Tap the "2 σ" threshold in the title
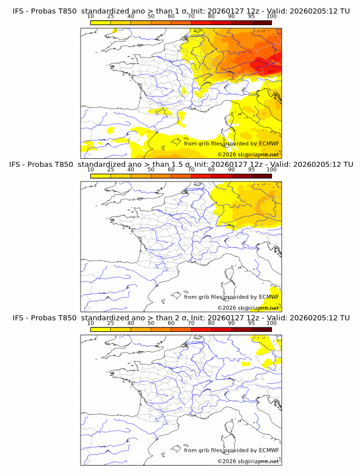[x=178, y=317]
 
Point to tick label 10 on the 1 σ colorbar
[x=91, y=16]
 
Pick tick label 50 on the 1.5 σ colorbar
[x=151, y=169]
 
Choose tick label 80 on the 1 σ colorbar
[x=211, y=16]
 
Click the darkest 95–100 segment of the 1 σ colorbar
[x=261, y=22]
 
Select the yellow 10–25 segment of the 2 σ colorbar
[x=101, y=328]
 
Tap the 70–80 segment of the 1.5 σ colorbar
[x=201, y=175]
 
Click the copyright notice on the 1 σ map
[x=248, y=155]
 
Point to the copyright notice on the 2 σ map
[x=248, y=461]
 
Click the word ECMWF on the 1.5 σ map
[x=269, y=296]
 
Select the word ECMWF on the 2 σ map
[x=269, y=450]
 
